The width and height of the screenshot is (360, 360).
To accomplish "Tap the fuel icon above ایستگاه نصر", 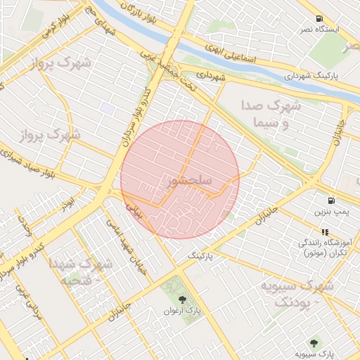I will (x=319, y=18).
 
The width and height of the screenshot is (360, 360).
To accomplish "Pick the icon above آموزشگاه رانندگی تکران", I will (x=325, y=231).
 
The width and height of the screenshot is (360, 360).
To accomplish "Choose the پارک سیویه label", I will (x=314, y=354).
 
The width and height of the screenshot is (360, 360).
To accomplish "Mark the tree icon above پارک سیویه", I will (x=313, y=343).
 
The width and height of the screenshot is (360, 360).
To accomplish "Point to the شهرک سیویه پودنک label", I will (x=295, y=293).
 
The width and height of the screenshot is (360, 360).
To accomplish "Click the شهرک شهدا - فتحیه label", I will (x=81, y=272).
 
